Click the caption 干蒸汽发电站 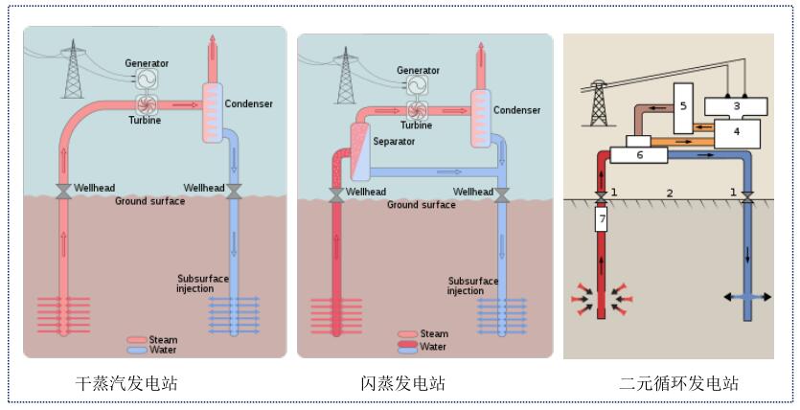[126, 384]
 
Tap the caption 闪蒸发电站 [402, 384]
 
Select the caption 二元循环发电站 [678, 384]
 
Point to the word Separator [395, 142]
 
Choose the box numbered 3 [737, 105]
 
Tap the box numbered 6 [640, 154]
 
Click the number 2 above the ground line [670, 194]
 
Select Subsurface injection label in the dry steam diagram [203, 284]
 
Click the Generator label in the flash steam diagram [418, 71]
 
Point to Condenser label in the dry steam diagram [248, 104]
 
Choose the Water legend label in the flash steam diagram [434, 347]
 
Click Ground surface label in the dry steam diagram [151, 201]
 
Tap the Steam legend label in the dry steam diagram [163, 339]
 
